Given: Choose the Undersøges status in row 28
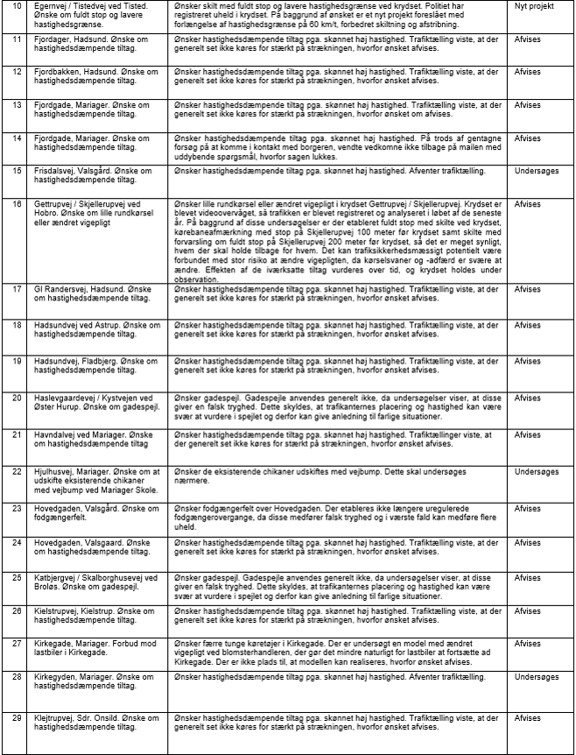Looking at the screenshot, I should click(x=537, y=677).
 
